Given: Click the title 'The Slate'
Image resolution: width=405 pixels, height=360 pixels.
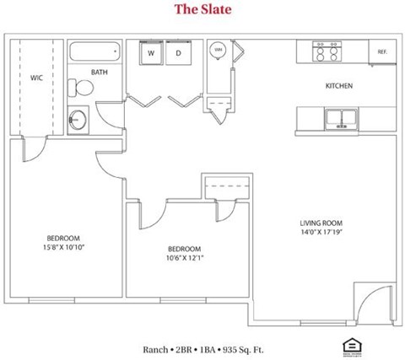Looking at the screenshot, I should point(202,10).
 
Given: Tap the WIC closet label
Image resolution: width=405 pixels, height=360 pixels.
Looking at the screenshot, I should point(36,78).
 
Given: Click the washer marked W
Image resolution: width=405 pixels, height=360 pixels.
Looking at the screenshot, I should point(151,53).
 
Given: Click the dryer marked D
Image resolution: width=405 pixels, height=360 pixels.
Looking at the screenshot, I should point(178,53).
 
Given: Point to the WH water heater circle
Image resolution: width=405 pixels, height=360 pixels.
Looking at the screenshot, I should point(219,51).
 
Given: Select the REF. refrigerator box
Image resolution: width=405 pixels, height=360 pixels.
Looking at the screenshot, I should point(382,51).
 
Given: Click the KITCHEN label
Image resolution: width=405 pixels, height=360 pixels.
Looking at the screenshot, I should point(339,86).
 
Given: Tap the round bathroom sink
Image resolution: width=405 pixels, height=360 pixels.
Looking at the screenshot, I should point(79,118).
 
